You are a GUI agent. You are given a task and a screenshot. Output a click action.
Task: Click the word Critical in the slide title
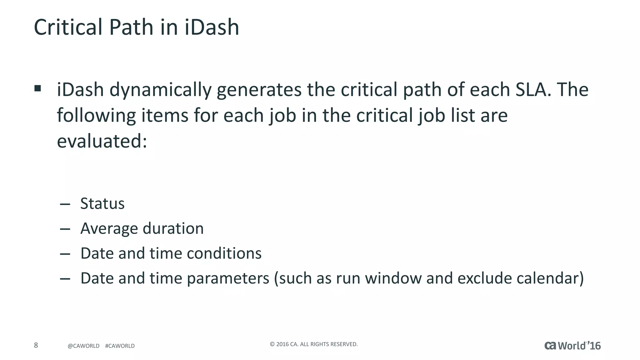coord(68,27)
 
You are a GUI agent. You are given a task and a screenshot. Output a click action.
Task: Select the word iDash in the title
coord(212,27)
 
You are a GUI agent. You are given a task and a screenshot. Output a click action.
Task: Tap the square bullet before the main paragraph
coord(38,88)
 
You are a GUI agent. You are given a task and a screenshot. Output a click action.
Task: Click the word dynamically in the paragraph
coord(160,90)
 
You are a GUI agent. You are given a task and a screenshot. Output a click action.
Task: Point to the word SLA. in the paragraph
coord(533,90)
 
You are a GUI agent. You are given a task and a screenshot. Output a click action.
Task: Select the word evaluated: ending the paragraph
coord(102,141)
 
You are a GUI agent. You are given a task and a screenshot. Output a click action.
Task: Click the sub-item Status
coord(102,204)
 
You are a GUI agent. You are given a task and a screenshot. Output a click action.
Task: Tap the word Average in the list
coord(109,229)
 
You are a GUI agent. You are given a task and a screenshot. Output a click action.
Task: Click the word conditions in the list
coord(224,253)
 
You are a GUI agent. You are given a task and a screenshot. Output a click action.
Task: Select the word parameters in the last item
coord(228,279)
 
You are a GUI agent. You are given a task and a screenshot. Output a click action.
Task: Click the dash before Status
coord(65,205)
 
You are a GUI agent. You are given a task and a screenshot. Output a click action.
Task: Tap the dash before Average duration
coord(65,229)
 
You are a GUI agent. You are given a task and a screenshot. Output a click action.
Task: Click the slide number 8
coord(36,345)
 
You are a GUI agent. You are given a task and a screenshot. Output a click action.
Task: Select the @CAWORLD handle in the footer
coord(83,346)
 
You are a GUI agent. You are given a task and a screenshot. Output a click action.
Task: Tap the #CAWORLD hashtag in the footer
coord(120,346)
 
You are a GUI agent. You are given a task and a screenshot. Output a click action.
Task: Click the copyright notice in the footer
coord(313,344)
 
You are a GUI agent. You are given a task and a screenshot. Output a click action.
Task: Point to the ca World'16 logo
coord(572,346)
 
